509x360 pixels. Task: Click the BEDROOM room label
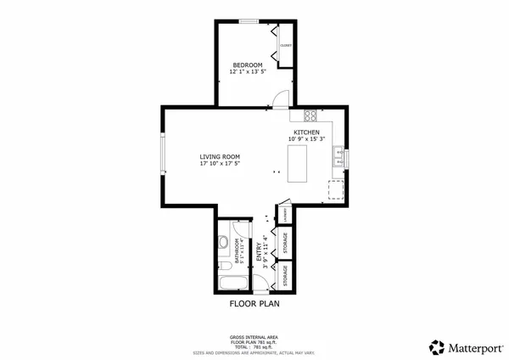click(x=248, y=65)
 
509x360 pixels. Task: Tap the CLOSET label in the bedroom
click(x=286, y=45)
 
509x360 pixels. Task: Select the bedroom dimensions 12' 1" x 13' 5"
click(x=248, y=72)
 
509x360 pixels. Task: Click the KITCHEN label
click(x=306, y=133)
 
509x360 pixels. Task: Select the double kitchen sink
click(x=338, y=155)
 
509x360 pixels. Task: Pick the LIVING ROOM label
click(x=220, y=156)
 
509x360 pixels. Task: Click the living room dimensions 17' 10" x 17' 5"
click(x=220, y=164)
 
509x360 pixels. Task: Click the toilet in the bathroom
click(x=223, y=243)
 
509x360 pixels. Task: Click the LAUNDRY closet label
click(x=287, y=217)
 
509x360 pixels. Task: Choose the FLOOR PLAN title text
click(x=255, y=301)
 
